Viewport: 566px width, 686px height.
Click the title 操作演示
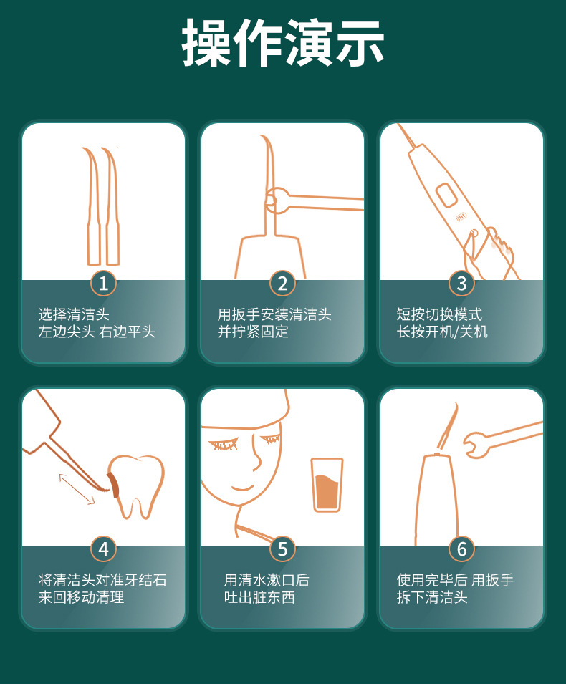(x=283, y=42)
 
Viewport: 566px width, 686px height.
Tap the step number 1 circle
(x=103, y=284)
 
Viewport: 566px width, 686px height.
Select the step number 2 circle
(x=282, y=284)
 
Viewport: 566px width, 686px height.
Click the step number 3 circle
(x=461, y=284)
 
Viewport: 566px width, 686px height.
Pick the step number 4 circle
(x=103, y=549)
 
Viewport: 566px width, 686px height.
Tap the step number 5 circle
(x=282, y=549)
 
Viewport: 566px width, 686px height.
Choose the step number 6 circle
(x=461, y=549)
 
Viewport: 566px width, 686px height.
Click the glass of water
(x=327, y=484)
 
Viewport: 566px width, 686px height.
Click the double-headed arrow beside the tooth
(x=77, y=489)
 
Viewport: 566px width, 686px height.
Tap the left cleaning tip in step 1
(x=92, y=206)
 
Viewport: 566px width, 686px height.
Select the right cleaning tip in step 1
(x=111, y=206)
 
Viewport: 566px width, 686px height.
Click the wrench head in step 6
(x=476, y=445)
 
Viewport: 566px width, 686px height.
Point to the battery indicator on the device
(x=461, y=218)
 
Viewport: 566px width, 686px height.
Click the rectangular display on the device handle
(x=446, y=195)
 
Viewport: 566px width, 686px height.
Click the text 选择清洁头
(x=74, y=314)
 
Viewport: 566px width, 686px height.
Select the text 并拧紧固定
(x=253, y=332)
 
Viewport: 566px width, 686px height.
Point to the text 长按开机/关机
(x=442, y=332)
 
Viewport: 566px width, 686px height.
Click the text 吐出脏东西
(x=259, y=596)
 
